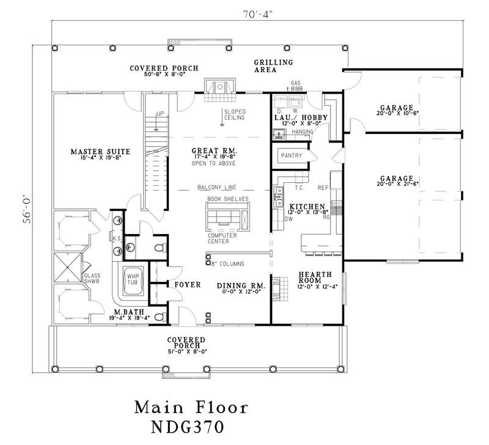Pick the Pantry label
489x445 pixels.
pyautogui.click(x=292, y=156)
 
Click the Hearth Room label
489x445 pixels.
pyautogui.click(x=314, y=278)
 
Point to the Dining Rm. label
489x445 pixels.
pyautogui.click(x=240, y=285)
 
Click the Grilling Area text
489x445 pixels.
pyautogui.click(x=273, y=65)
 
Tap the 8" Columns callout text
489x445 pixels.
pyautogui.click(x=227, y=263)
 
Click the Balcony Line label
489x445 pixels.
pyautogui.click(x=216, y=188)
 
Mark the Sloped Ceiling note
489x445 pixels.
pyautogui.click(x=235, y=114)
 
